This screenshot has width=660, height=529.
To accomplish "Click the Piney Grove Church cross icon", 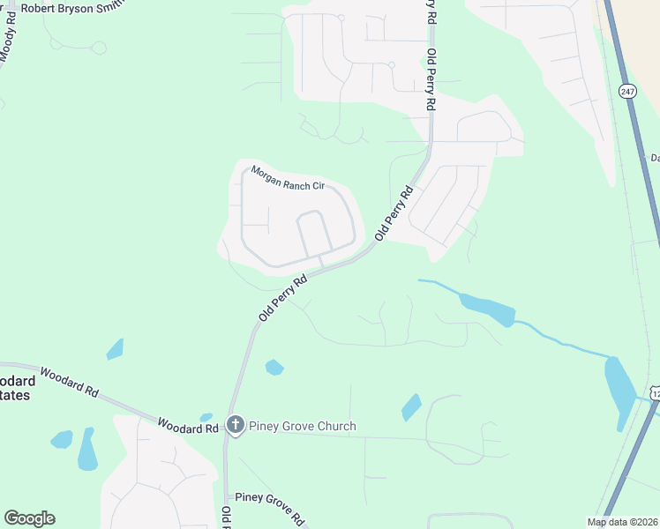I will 235,425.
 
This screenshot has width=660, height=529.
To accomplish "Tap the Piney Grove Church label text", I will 303,427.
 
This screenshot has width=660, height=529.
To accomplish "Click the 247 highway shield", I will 627,91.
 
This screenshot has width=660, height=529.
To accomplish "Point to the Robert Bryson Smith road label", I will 67,8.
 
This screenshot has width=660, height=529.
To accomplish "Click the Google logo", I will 29,518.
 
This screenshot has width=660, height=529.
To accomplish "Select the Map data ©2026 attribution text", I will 622,522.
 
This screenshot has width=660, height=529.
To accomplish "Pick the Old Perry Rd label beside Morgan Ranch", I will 394,213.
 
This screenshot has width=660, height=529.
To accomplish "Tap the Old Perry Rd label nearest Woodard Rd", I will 283,297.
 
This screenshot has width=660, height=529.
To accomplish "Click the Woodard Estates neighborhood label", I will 16,388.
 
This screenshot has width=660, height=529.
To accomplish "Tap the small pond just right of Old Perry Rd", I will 274,367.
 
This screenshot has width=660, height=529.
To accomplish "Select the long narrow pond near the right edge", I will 619,391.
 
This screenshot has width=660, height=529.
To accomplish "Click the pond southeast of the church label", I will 411,406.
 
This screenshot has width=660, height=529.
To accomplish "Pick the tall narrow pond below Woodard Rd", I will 87,450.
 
